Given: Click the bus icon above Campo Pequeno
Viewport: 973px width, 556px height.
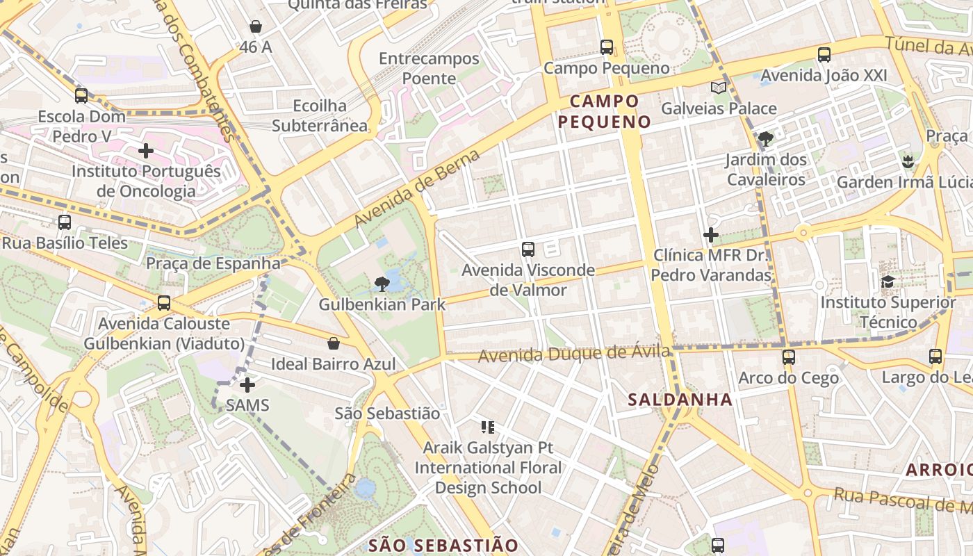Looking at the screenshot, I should point(607,47).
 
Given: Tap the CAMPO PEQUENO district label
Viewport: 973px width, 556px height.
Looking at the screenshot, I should point(605,112).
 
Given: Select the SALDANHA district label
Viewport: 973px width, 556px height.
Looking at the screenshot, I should point(680,400).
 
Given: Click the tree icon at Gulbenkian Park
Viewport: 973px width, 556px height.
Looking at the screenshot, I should point(381,284).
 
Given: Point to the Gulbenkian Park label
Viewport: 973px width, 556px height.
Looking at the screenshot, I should point(382,304).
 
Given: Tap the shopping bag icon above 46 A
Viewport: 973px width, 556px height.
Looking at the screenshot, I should point(256,27).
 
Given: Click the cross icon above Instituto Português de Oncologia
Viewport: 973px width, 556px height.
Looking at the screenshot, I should point(146,150).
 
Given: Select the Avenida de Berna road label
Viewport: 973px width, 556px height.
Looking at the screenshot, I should point(417,188).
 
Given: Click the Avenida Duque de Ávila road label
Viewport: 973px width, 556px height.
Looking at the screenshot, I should point(575,354).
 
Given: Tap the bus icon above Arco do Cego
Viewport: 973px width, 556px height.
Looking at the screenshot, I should point(788,357).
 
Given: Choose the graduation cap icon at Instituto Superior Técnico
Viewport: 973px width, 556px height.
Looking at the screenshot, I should point(888,281).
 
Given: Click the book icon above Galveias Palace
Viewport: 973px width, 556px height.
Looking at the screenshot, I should point(719,88).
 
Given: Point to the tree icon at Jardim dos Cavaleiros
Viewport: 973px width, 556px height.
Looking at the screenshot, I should point(765,139).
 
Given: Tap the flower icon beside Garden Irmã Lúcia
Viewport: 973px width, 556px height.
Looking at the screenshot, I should point(907,162).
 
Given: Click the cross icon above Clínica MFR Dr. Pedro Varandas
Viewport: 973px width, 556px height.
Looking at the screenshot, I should point(711,235).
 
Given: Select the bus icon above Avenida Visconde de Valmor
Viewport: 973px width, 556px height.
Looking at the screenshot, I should point(528,249).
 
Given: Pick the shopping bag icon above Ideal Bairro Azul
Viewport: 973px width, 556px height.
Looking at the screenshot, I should point(334,343).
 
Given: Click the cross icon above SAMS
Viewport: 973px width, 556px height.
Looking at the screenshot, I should point(247,384).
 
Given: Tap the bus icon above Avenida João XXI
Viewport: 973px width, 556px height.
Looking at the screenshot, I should point(824,54).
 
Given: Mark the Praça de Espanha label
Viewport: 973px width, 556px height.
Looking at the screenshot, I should point(213,263).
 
